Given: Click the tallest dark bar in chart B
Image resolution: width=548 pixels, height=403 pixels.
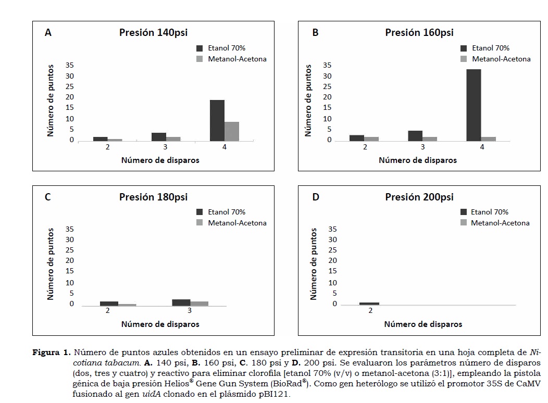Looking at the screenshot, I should tap(474, 105).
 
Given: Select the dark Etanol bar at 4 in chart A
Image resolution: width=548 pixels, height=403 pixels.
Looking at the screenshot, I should tap(217, 120).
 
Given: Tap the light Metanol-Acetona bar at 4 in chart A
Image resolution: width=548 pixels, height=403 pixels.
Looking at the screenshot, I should tap(232, 131).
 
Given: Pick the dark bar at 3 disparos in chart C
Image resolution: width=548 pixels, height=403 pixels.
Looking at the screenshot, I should tap(181, 303).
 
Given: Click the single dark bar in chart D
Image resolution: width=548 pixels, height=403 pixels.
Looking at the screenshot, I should tap(369, 304).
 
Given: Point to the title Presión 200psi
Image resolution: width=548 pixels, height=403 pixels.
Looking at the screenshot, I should tap(419, 197).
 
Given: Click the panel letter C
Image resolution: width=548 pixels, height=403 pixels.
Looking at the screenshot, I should tap(47, 197).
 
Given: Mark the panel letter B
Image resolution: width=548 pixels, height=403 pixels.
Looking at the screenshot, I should tap(315, 33).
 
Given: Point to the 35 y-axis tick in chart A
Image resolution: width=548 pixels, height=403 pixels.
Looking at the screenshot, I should tap(70, 65).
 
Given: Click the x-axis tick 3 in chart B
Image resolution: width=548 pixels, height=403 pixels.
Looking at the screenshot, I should tap(422, 147).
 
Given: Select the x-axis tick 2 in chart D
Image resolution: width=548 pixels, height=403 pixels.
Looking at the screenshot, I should tap(370, 311).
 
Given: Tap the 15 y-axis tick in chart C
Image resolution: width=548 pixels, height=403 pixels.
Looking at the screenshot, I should tap(70, 271).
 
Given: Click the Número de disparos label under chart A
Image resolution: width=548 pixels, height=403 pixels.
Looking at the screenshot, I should tap(160, 160).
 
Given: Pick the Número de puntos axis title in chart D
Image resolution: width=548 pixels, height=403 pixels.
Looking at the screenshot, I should tap(314, 263).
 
